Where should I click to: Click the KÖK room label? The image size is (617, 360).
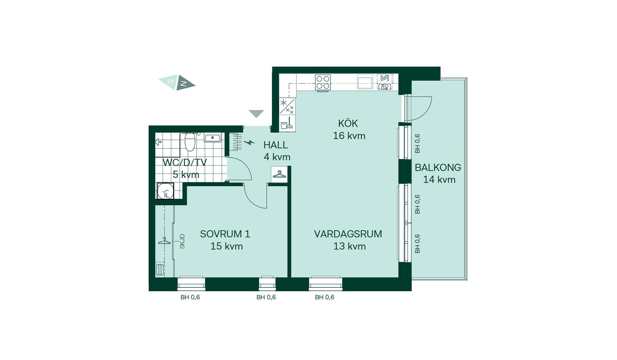(x=348, y=123)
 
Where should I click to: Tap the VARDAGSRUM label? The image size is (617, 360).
(x=348, y=234)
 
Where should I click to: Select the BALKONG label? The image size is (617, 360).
(x=438, y=167)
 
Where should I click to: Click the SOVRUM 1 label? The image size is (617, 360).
(x=225, y=234)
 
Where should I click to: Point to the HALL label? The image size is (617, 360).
(x=276, y=145)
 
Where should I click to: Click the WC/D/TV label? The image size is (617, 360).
(x=185, y=162)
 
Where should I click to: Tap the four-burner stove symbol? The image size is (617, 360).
(x=323, y=82)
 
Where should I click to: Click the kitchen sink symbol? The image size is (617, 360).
(x=365, y=82)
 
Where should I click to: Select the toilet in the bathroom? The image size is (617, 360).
(x=190, y=141)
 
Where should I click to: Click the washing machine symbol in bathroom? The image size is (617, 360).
(x=165, y=191)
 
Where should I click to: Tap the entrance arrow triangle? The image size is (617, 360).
(x=256, y=114)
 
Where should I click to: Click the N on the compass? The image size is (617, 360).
(x=183, y=84)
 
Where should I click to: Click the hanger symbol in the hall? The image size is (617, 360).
(x=279, y=174)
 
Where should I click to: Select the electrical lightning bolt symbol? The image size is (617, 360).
(x=249, y=142)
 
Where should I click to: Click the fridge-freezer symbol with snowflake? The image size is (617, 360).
(x=287, y=106)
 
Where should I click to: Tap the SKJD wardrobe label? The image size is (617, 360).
(x=182, y=241)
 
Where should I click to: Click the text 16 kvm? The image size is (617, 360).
(x=349, y=136)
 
